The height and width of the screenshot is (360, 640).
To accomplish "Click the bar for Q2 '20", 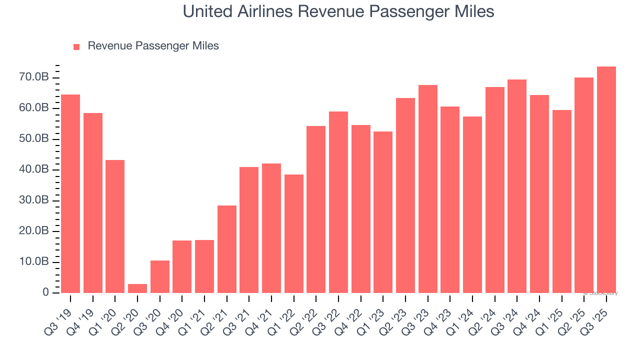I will coord(137,288).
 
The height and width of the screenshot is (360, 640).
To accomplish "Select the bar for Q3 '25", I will coord(606,179).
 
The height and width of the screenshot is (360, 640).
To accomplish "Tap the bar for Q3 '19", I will coord(70,193).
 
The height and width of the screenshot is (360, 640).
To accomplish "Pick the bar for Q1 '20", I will coord(115,226).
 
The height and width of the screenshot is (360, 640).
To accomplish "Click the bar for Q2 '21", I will coord(226,249).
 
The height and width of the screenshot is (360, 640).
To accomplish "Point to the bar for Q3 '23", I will coord(428,189).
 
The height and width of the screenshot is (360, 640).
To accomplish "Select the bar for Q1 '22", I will coord(294,233).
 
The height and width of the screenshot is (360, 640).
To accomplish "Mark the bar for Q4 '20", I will coord(182,266).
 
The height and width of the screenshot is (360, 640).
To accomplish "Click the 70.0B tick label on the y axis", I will coord(35,77).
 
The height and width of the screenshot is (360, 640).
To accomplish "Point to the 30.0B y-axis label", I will coord(35,200).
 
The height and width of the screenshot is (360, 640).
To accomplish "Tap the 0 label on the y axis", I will coord(45,292).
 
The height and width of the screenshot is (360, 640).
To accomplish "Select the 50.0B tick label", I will coord(35,139).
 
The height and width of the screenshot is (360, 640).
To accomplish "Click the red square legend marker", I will coord(76,46).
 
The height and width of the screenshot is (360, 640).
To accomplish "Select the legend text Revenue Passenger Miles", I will coord(153,46).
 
